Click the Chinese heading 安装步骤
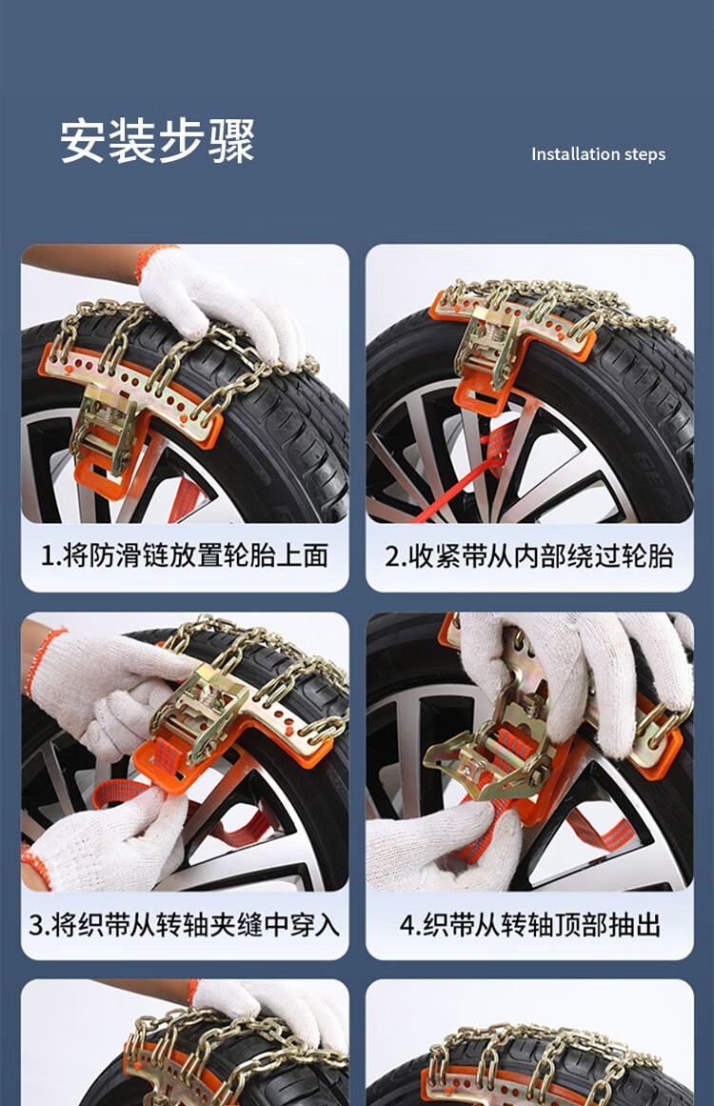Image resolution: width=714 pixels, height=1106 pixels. (x=156, y=141)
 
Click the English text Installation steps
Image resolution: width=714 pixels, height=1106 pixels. (x=598, y=154)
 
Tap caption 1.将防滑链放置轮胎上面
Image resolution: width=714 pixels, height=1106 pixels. (x=185, y=555)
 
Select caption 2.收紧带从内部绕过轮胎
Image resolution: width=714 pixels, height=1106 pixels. (x=529, y=555)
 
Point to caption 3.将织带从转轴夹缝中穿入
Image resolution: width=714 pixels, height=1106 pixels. (x=185, y=925)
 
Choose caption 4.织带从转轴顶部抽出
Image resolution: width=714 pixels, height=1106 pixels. (x=530, y=925)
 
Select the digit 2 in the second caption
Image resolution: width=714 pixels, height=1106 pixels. (x=392, y=556)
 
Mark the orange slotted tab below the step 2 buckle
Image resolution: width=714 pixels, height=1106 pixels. (x=482, y=398)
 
